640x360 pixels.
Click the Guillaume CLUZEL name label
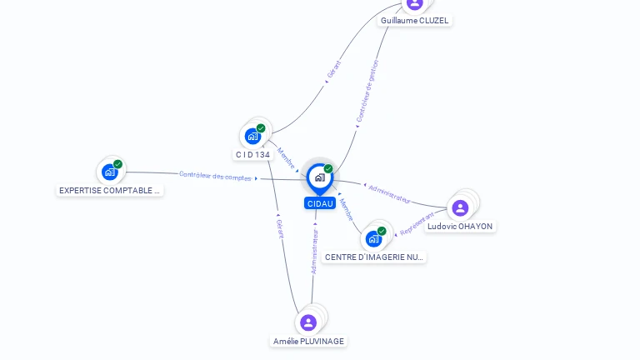[x=414, y=20]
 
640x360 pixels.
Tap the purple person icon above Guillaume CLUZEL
[x=415, y=4]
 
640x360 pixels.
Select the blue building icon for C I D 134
[x=252, y=137]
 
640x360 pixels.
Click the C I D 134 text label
[x=252, y=155]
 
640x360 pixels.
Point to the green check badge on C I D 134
[x=261, y=128]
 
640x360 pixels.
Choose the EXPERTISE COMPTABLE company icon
[x=110, y=172]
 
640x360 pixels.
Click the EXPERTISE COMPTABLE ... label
[x=109, y=191]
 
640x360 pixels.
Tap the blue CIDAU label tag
[x=320, y=203]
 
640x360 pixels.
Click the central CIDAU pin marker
[x=320, y=179]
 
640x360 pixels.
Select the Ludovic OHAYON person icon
[x=460, y=208]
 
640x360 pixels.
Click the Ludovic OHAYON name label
[x=460, y=227]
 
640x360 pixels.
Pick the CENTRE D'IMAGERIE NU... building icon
[x=373, y=239]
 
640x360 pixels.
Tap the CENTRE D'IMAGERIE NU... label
[x=374, y=257]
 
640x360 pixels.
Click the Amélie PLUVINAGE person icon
[x=308, y=322]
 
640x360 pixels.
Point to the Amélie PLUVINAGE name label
[x=308, y=341]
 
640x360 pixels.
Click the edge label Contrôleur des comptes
[x=215, y=176]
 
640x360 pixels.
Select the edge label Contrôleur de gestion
[x=367, y=91]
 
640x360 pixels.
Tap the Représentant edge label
[x=417, y=223]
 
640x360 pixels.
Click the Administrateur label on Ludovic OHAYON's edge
[x=389, y=194]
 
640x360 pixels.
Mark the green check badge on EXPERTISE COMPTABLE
[x=118, y=164]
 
